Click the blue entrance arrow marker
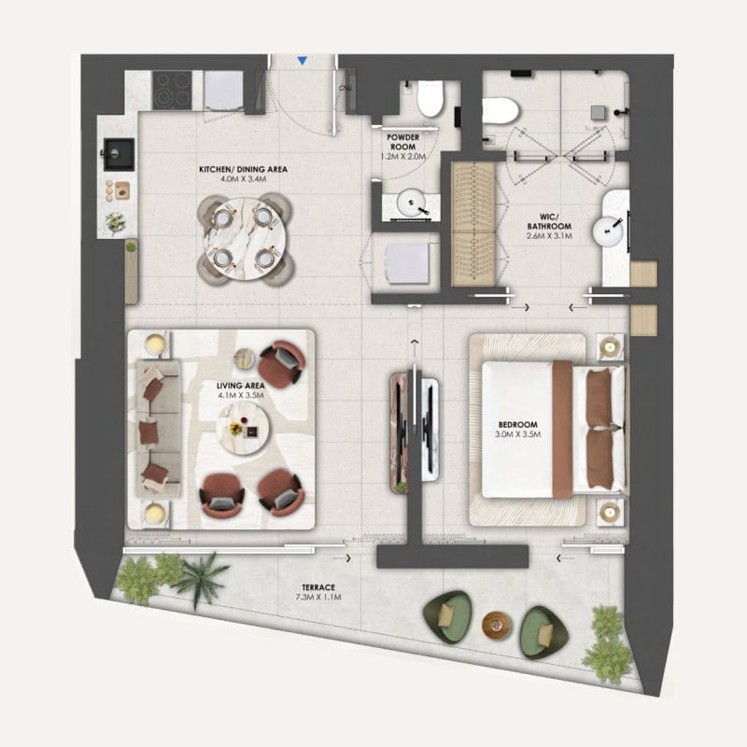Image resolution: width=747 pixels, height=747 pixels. [x=302, y=61]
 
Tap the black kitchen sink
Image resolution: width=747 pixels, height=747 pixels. [x=119, y=154]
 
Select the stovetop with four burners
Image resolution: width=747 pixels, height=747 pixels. [x=172, y=90]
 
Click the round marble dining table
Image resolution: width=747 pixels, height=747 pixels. [x=245, y=239]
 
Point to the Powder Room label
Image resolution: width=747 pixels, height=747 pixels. [x=403, y=142]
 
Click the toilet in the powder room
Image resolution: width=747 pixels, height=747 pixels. [x=430, y=99]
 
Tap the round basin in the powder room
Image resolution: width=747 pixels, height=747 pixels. [x=412, y=204]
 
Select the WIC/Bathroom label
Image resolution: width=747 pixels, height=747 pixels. [x=549, y=221]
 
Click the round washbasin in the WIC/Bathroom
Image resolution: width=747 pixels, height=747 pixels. [x=608, y=231]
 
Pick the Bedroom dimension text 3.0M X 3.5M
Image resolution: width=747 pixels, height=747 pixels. [x=518, y=434]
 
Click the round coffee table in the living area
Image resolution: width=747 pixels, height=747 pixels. [x=243, y=428]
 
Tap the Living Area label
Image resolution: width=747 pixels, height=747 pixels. [x=241, y=386]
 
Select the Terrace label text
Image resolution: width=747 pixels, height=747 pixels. [x=318, y=587]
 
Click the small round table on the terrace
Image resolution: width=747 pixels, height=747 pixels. [x=497, y=625]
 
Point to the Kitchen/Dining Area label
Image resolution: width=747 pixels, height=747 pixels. [x=243, y=169]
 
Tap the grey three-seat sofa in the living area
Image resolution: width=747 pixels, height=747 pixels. [x=158, y=429]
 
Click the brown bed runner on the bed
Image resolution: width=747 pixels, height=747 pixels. [x=563, y=430]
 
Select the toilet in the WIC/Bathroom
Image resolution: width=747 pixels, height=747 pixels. [x=500, y=111]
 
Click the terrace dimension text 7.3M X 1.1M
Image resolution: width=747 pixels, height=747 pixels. [x=318, y=598]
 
